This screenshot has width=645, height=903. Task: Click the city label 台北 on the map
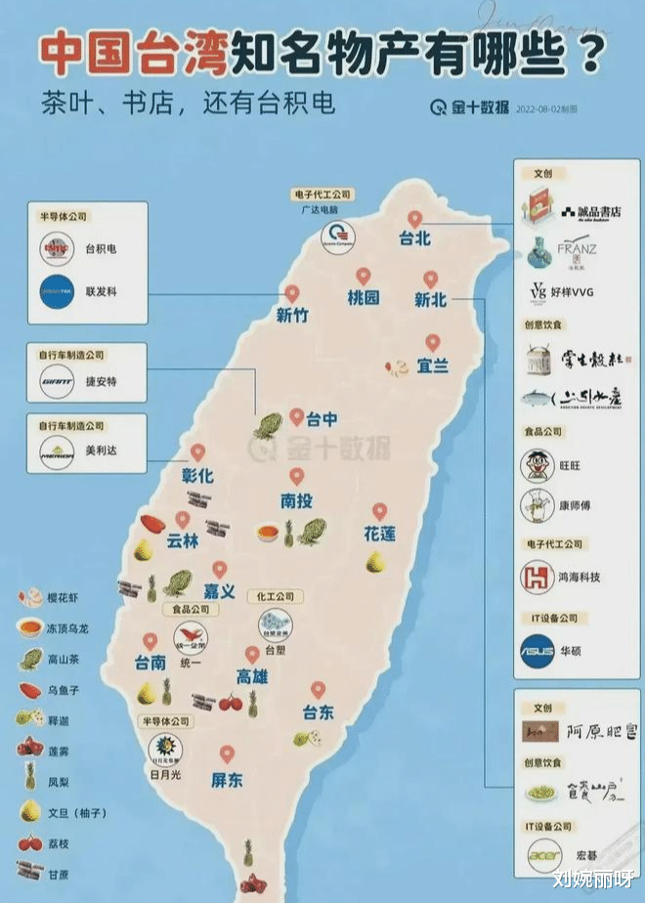[x=414, y=238]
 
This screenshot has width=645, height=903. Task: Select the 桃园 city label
[x=363, y=298]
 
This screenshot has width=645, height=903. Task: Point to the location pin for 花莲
[x=379, y=512]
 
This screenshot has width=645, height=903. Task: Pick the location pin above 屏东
[x=227, y=754]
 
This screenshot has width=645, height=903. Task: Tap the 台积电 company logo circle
[x=59, y=250]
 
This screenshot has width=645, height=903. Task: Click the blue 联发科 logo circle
[x=59, y=291]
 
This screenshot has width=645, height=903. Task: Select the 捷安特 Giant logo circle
[x=59, y=382]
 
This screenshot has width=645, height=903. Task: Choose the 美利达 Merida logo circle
[x=59, y=451]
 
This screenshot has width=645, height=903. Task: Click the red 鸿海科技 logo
[x=538, y=577]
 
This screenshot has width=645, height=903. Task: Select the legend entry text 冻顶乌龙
[x=68, y=626]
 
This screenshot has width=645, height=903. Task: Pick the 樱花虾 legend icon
[x=26, y=595]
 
